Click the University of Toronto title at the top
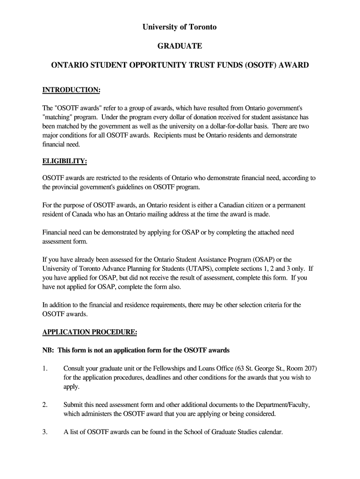(180, 27)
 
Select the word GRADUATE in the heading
(180, 46)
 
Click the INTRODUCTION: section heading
(72, 89)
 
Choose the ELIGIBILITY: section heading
(65, 161)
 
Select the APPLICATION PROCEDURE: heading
(90, 333)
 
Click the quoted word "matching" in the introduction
(56, 117)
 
